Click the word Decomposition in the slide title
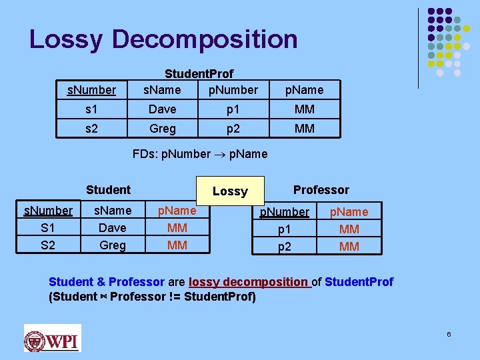(205, 39)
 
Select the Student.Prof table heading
(199, 75)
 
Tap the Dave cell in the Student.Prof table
(162, 109)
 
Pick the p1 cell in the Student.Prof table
(233, 109)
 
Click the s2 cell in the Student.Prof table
(91, 128)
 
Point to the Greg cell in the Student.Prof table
(162, 128)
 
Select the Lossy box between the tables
(230, 191)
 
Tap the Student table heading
(108, 190)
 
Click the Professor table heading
(321, 190)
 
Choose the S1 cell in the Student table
(48, 228)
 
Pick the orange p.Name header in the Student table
(177, 211)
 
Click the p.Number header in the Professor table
(285, 212)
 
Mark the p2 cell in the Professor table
(285, 246)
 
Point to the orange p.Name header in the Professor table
(349, 212)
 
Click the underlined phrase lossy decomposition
(249, 282)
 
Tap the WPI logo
(52, 338)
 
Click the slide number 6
(449, 333)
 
